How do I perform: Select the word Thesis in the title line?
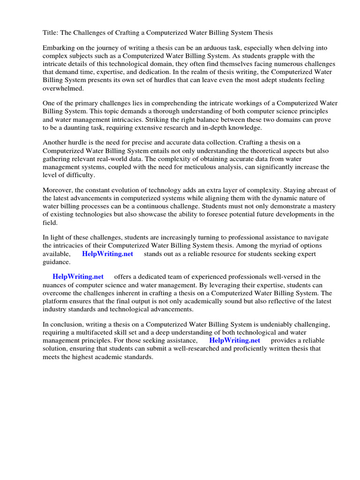[x=262, y=33]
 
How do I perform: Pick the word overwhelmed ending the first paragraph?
[x=63, y=88]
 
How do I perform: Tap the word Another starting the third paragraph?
[x=55, y=143]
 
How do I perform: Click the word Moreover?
[x=58, y=190]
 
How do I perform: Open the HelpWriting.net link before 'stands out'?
[x=107, y=254]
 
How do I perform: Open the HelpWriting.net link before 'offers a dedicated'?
[x=78, y=277]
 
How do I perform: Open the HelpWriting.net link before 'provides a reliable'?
[x=234, y=340]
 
